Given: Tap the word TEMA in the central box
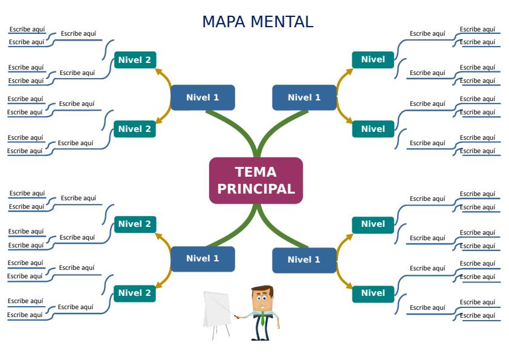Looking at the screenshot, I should [256, 172].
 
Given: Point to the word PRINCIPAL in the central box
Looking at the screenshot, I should [256, 189].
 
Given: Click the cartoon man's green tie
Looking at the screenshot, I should [262, 318].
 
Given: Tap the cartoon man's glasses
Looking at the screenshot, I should [262, 298].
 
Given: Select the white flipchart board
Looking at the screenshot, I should [217, 309].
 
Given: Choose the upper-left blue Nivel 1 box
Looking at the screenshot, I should [203, 97].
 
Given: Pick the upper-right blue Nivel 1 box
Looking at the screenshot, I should [304, 97].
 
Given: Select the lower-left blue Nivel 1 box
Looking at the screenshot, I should [203, 258].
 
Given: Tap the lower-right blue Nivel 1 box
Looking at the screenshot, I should [304, 260].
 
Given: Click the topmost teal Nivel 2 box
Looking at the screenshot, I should [134, 59].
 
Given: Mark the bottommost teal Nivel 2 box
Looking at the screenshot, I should [134, 293].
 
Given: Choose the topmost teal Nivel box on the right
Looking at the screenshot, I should [373, 59].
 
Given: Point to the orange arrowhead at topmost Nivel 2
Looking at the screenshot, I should [158, 71].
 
